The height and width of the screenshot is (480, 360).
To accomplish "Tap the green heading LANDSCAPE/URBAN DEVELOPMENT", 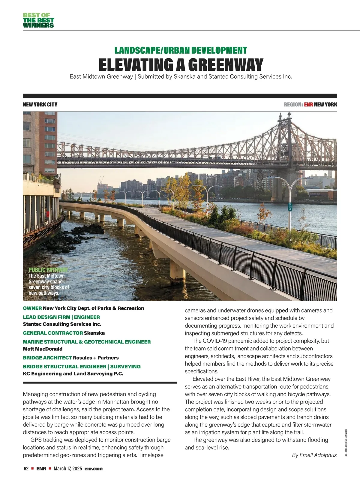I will tap(181, 50).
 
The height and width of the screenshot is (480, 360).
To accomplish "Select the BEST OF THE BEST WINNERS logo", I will tap(38, 20).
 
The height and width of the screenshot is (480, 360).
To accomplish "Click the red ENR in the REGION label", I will tap(308, 105).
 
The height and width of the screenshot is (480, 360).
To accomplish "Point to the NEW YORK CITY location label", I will tap(40, 105).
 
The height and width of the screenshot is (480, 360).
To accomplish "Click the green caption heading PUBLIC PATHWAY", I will tap(48, 270).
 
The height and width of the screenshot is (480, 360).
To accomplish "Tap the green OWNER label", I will tap(32, 308).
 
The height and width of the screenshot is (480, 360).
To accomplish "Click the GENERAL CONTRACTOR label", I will tap(53, 333).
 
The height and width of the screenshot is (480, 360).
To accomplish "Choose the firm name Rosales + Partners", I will tap(96, 358).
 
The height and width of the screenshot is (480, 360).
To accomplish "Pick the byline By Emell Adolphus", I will tap(314, 455).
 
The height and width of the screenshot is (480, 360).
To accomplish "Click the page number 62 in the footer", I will tap(26, 469).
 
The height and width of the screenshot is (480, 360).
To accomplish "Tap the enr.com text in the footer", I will tap(94, 469).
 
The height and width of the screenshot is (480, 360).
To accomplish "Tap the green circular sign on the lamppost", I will tap(290, 205).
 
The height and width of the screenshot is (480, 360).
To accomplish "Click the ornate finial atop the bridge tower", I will tap(281, 116).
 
